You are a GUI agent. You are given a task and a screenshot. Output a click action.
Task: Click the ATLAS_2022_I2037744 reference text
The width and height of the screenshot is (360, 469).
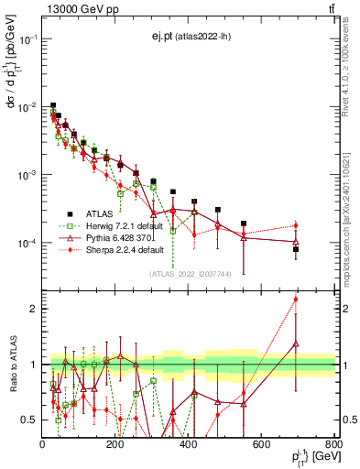[187, 273]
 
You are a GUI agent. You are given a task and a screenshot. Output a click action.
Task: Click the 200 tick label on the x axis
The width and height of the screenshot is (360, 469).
[115, 445]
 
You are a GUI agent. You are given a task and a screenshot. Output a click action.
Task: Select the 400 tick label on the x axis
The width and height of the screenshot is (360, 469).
[189, 445]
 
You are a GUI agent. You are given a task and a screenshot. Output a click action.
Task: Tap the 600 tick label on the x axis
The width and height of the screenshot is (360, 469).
[262, 445]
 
